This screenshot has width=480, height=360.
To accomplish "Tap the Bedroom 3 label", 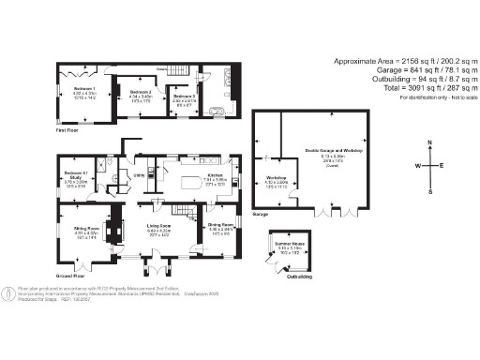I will pyautogui.click(x=183, y=95).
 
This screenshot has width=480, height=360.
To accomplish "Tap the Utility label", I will pyautogui.click(x=138, y=174).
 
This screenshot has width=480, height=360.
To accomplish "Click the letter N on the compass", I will pyautogui.click(x=429, y=142).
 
